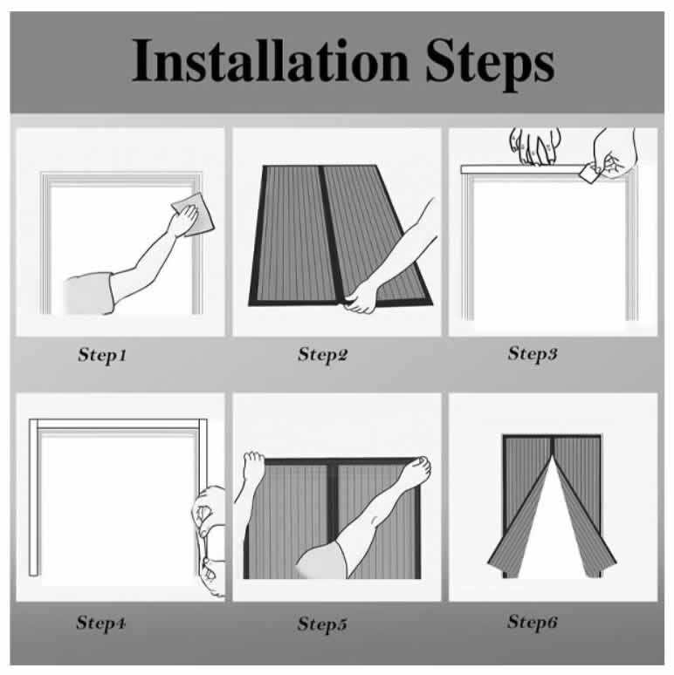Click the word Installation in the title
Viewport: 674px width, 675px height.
tap(270, 60)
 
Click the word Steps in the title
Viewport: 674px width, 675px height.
tap(490, 65)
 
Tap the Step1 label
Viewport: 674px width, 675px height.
tap(102, 356)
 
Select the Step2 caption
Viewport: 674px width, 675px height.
tap(322, 355)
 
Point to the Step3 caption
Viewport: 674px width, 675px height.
tap(533, 354)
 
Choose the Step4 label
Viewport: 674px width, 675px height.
tap(101, 623)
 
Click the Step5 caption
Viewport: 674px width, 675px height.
tap(322, 624)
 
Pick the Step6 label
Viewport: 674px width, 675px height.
tap(533, 622)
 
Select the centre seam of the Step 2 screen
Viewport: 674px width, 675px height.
tap(331, 235)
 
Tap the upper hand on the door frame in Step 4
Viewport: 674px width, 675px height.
tap(206, 509)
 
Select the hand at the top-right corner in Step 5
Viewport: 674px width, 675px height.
tap(415, 472)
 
